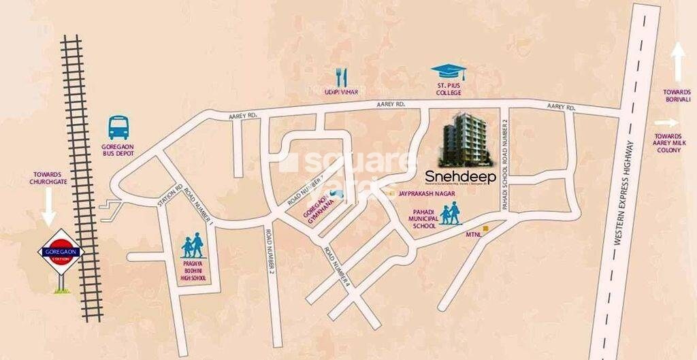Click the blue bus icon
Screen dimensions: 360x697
click(119, 127)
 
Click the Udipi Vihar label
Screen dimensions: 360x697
click(341, 91)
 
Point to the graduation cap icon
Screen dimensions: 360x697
click(448, 71)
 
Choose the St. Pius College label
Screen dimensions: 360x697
click(449, 89)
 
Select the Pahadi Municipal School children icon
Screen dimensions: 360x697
click(449, 215)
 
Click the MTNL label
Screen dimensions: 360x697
click(474, 235)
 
